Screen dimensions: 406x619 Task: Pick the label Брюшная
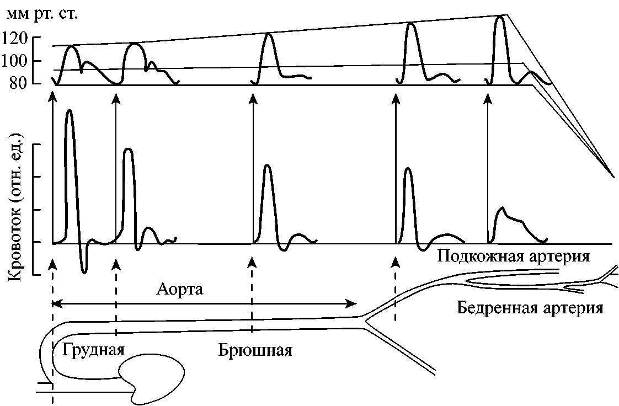pyautogui.click(x=254, y=350)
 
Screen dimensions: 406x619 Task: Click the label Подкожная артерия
pyautogui.click(x=513, y=257)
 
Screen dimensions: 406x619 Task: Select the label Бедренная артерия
pyautogui.click(x=530, y=307)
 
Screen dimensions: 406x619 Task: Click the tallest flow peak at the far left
pyautogui.click(x=69, y=111)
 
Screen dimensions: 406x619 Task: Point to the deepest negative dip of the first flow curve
pyautogui.click(x=83, y=271)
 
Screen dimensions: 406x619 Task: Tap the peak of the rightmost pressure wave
pyautogui.click(x=500, y=17)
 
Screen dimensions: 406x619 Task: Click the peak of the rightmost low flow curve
pyautogui.click(x=501, y=208)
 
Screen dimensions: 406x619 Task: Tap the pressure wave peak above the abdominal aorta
pyautogui.click(x=269, y=34)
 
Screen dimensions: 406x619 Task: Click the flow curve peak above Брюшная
pyautogui.click(x=267, y=165)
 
